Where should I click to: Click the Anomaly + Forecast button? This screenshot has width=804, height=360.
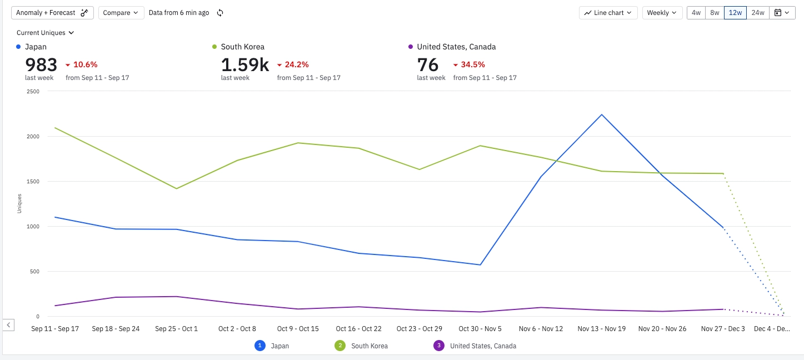pos(52,13)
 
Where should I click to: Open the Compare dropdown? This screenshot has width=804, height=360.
pos(121,13)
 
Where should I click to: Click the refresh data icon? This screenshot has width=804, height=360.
pos(220,13)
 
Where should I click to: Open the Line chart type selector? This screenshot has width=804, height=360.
pos(608,13)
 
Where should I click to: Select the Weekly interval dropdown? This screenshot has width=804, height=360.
pos(662,13)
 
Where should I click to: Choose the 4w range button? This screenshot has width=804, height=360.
pos(696,13)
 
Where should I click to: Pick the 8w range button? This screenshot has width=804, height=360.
pos(715,13)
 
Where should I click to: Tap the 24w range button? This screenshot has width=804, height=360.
pos(757,13)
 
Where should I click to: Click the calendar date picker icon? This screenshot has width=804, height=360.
pos(782,13)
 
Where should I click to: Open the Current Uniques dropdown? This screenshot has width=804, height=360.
pos(45,33)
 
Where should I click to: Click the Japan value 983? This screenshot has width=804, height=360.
pos(41,65)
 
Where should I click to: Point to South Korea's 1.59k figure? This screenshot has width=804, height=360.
pos(244,65)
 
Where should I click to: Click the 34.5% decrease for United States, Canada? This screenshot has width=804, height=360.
pos(473,64)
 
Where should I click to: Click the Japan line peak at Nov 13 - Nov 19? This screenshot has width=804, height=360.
pos(602,115)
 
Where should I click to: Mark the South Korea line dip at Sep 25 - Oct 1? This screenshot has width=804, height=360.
pos(176,188)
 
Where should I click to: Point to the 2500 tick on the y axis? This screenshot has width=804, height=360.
pos(32,91)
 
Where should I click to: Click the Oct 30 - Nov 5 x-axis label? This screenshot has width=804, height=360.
pos(480,329)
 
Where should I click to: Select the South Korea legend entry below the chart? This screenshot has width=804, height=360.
pos(369,346)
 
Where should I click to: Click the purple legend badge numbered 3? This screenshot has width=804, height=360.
pos(439,346)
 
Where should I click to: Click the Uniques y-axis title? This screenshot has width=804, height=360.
pos(19,203)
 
